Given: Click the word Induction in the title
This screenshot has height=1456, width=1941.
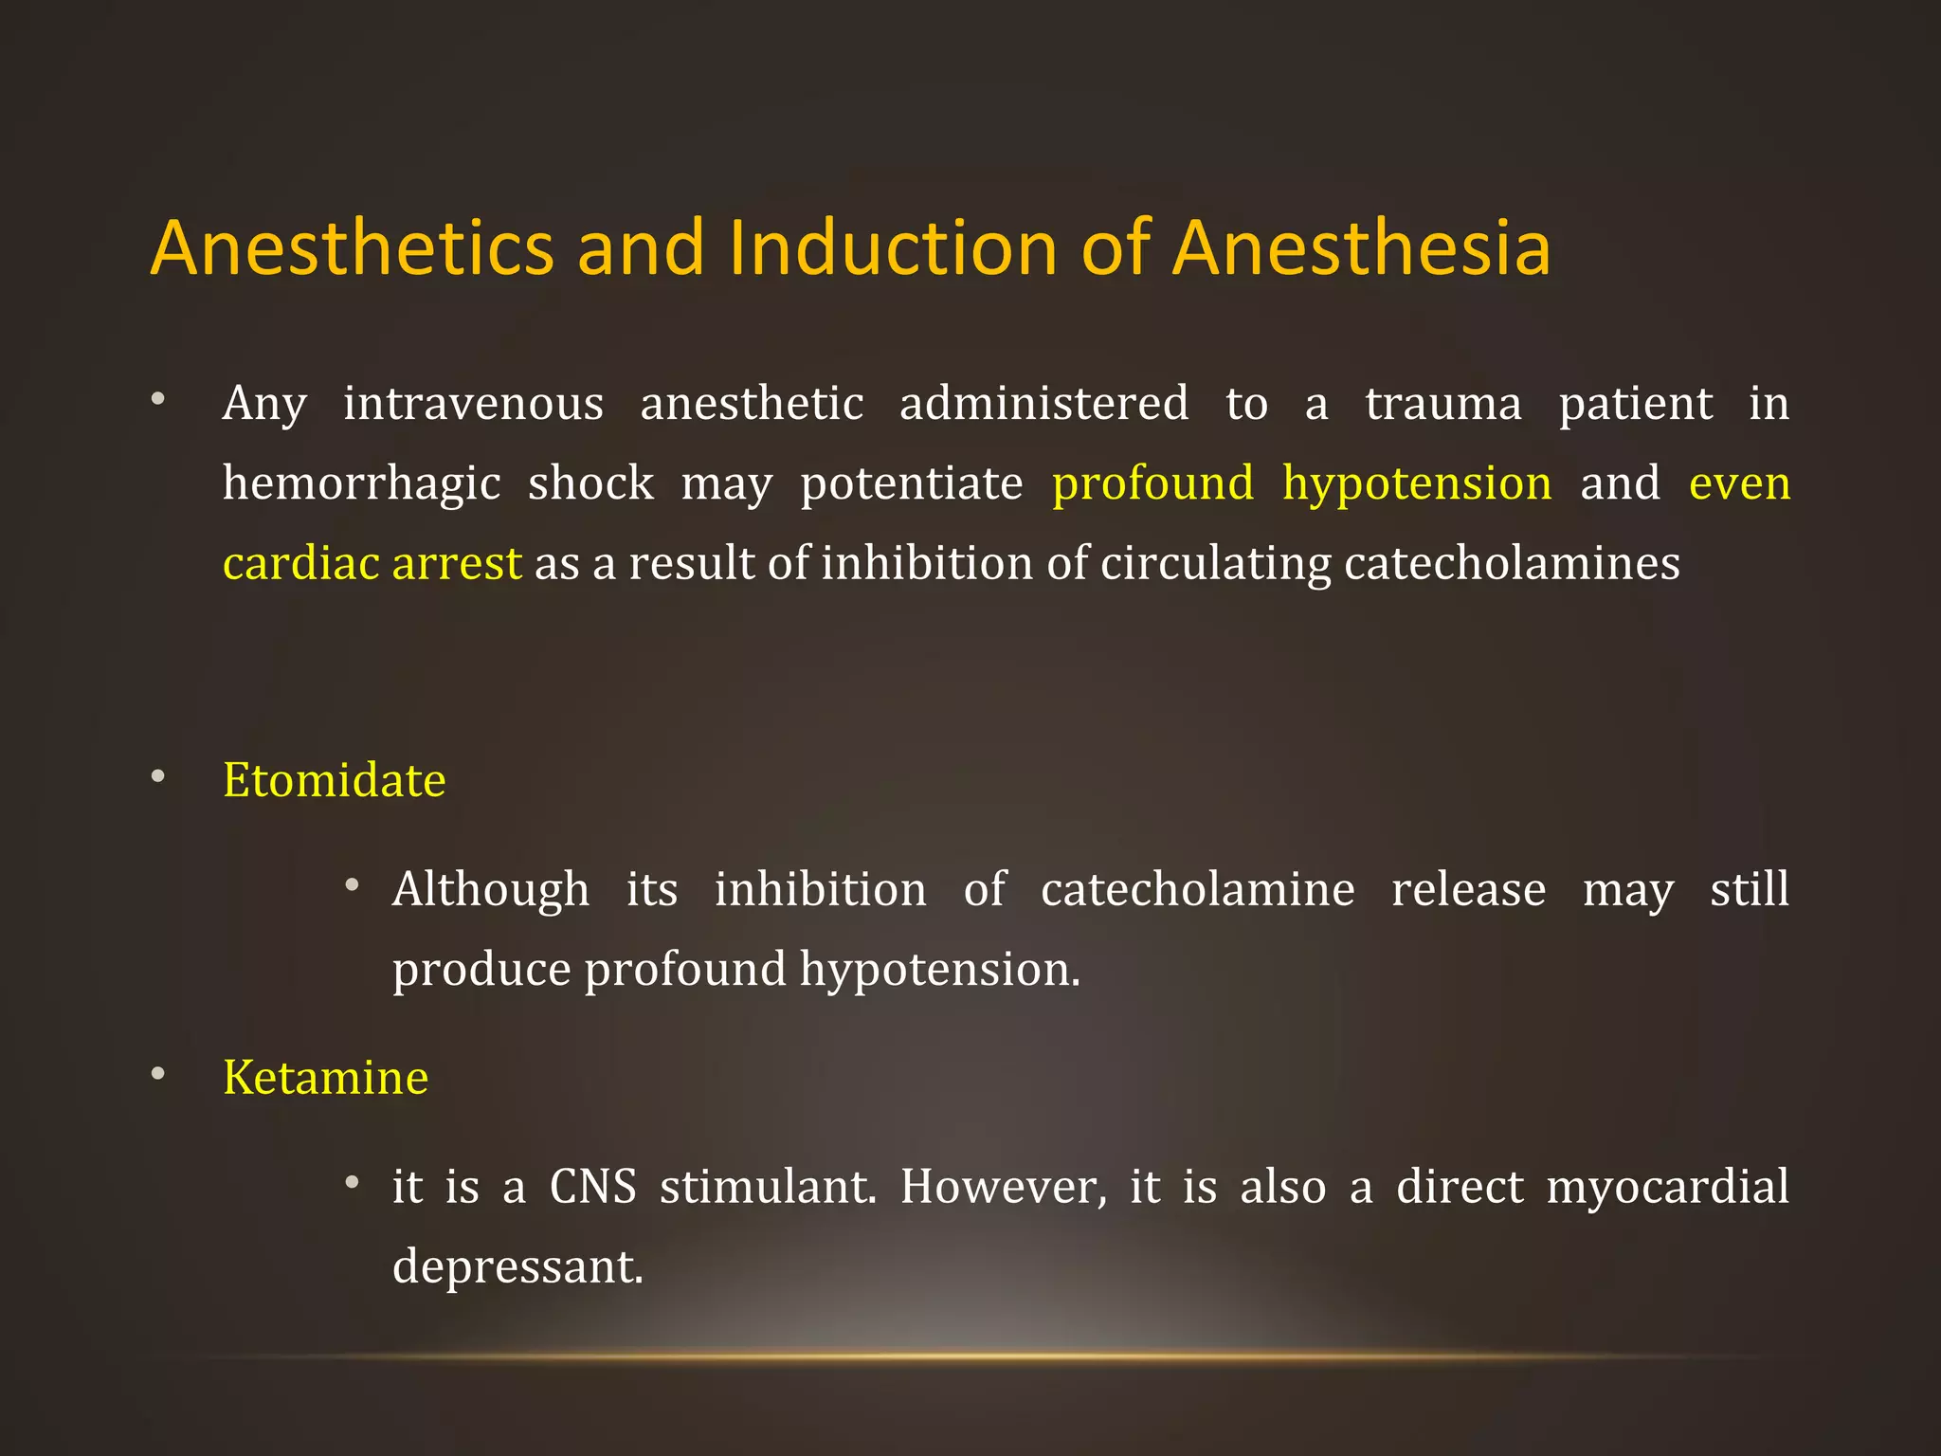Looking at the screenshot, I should tap(892, 248).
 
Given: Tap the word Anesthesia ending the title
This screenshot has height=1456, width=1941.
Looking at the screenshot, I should tap(1361, 248).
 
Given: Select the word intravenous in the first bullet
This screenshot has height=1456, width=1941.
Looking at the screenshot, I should tap(473, 404).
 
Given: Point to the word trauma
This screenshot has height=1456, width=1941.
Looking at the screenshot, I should tap(1442, 404).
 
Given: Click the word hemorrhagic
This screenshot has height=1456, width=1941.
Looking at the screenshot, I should tap(361, 484).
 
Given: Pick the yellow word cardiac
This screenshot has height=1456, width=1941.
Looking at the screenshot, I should tap(301, 563).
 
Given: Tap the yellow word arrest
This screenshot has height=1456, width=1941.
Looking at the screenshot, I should tap(457, 563).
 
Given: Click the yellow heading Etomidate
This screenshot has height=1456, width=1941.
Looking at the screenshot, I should tap(334, 780).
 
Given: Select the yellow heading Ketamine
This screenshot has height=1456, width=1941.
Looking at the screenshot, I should tap(325, 1078).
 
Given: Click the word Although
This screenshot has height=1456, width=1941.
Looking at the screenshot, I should tap(490, 890).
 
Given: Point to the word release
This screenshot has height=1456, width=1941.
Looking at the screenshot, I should tap(1468, 890).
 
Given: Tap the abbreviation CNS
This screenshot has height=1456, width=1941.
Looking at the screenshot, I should tap(592, 1187).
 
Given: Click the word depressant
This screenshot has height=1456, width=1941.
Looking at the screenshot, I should tap(517, 1267).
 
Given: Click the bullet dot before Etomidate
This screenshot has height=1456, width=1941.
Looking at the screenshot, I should tap(158, 777).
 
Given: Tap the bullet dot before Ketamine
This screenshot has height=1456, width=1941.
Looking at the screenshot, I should tap(158, 1074).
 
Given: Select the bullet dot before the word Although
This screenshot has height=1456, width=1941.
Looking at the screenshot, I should tap(353, 886).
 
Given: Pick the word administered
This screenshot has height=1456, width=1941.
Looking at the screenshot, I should tap(1043, 404).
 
